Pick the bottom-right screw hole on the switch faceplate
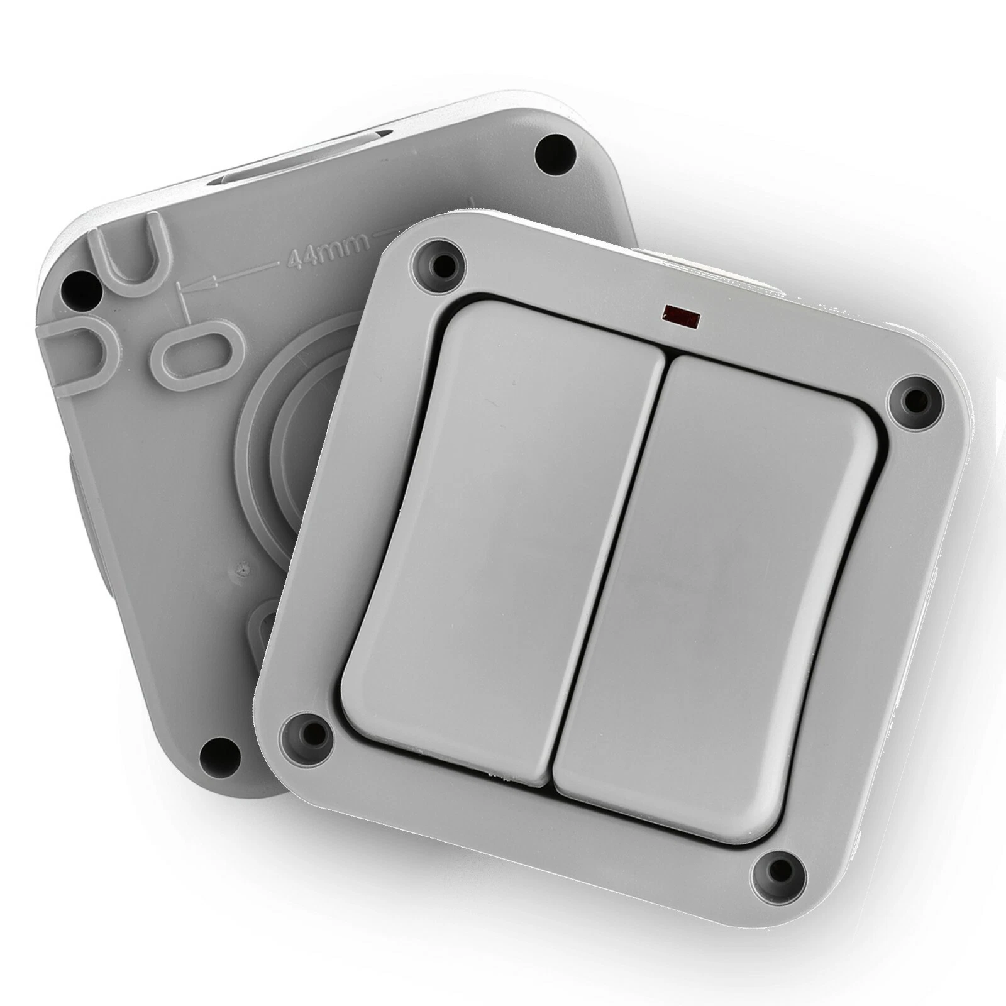point(780,871)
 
